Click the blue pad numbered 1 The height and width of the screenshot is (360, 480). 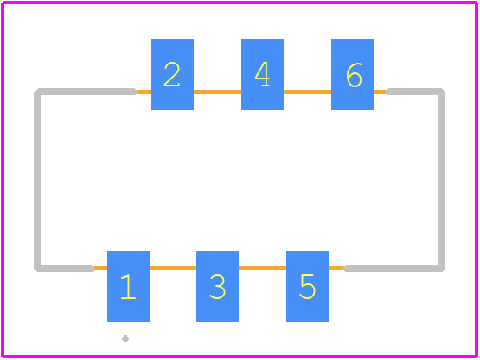[128, 286]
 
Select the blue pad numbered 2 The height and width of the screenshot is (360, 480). [172, 74]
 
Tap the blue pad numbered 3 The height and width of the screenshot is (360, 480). [217, 286]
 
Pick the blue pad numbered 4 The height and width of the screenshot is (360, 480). [262, 74]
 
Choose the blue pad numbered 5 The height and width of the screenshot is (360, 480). [307, 286]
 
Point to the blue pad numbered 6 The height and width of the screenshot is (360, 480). [352, 74]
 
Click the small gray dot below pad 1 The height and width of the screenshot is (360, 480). [125, 339]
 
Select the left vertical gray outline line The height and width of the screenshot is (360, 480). [38, 180]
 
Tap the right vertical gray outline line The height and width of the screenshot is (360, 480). [441, 180]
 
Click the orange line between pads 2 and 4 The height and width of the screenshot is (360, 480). [217, 92]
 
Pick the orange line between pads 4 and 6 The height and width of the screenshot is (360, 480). [307, 92]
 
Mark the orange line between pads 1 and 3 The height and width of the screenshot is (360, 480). [173, 268]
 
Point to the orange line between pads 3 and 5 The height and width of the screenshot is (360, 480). [262, 268]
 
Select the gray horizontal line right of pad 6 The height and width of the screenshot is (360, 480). [415, 92]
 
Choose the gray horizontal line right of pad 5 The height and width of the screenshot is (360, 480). [394, 268]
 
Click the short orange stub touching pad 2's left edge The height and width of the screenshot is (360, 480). [144, 92]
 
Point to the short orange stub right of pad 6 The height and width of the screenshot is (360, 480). [380, 92]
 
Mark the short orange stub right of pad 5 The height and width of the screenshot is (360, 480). [336, 268]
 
